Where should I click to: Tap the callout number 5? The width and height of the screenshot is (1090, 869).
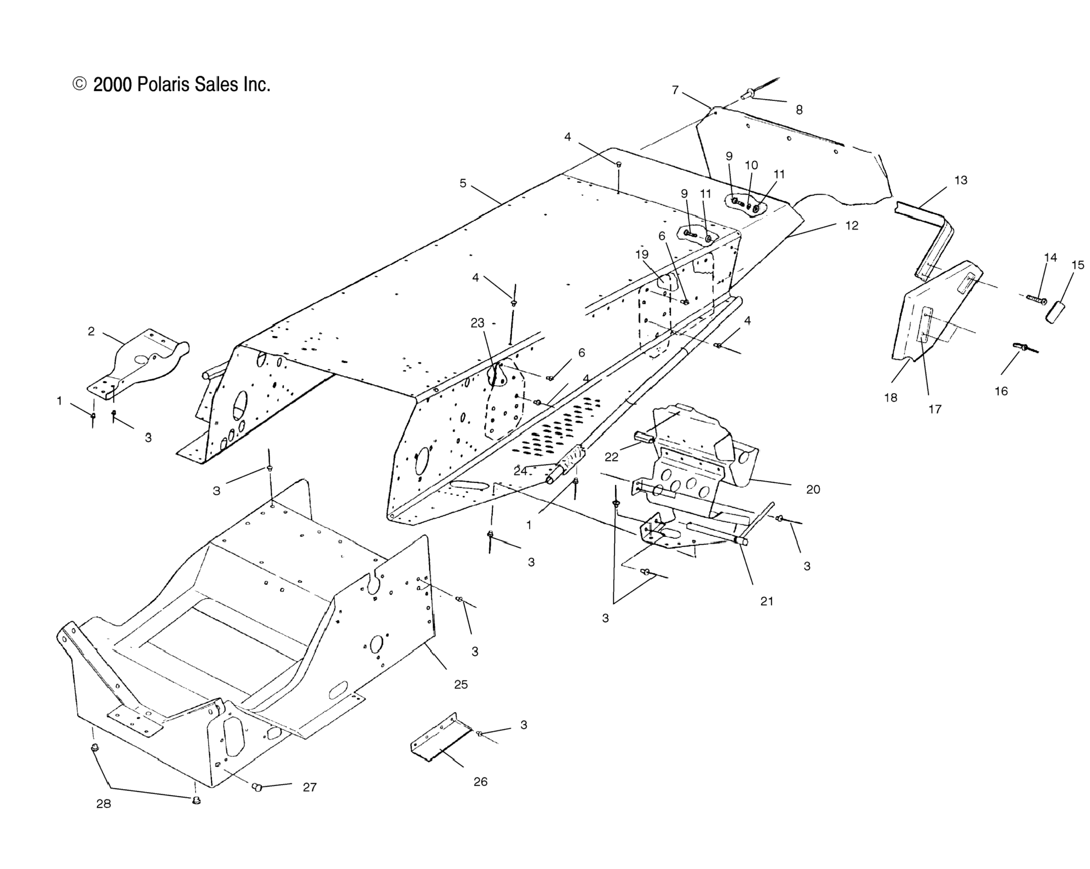[463, 183]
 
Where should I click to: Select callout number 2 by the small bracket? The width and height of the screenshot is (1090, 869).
[91, 332]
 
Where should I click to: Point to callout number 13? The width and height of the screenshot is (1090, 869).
[960, 180]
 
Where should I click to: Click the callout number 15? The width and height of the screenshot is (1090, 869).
[1077, 265]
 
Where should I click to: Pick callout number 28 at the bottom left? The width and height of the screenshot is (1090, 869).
[104, 803]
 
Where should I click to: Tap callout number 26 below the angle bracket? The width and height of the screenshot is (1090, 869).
[480, 781]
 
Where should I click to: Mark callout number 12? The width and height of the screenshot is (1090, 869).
[852, 226]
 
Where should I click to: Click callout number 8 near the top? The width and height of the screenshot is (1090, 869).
[799, 110]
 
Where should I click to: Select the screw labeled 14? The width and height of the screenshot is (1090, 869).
[1035, 299]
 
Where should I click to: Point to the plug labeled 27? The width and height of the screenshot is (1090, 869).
[257, 787]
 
